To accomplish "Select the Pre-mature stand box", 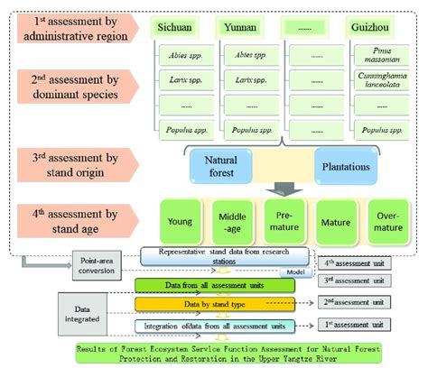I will (287, 219).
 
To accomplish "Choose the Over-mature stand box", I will (392, 219).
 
